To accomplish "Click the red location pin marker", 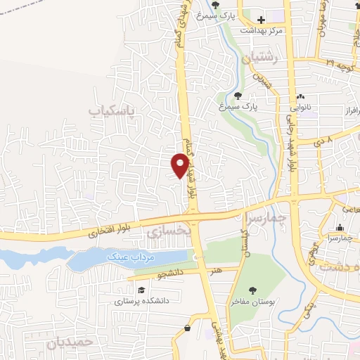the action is point(180,165).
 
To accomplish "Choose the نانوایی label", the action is point(302,108).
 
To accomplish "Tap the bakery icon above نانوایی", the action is point(302,97).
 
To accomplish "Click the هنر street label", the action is point(213,269).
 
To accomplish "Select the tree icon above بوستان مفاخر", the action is point(252,290).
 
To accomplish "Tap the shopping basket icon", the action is point(187,328).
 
